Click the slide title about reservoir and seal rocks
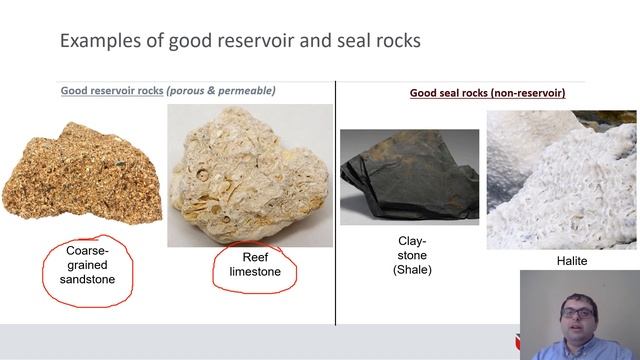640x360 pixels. tap(240, 41)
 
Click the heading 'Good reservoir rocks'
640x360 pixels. tap(112, 91)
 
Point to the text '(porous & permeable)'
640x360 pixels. tap(221, 91)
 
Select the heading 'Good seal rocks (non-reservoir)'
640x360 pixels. tap(487, 93)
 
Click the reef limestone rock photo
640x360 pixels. tap(249, 175)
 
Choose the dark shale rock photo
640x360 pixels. tap(409, 176)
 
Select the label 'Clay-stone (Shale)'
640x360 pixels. tap(410, 255)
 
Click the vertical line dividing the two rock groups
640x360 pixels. tap(335, 200)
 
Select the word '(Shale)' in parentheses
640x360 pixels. tap(410, 270)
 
